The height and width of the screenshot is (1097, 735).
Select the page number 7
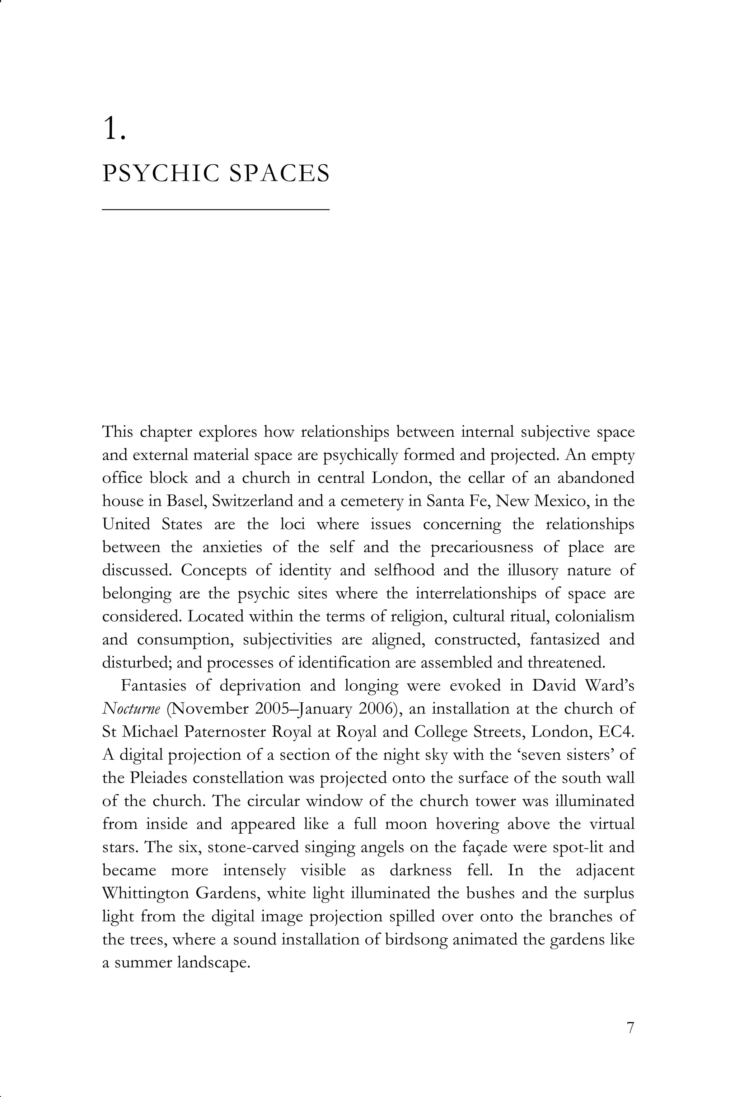630,1028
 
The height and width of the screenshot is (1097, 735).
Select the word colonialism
594,616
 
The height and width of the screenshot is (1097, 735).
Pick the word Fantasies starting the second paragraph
154,685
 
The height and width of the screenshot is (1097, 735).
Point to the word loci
292,524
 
